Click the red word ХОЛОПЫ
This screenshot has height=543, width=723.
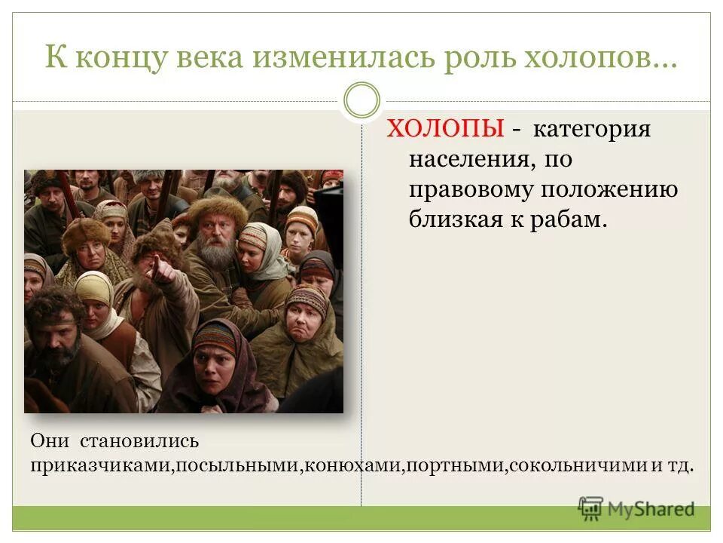(445, 130)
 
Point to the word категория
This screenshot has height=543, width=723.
(592, 130)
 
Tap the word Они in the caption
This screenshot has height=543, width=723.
(50, 440)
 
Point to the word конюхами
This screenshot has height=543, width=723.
(351, 465)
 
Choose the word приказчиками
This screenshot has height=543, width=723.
(102, 465)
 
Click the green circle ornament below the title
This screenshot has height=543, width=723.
(361, 101)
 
